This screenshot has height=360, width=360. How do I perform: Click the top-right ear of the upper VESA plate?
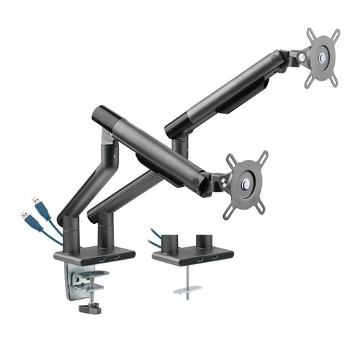pyautogui.click(x=333, y=33)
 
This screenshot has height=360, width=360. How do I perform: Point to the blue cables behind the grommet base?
pyautogui.click(x=154, y=237)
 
